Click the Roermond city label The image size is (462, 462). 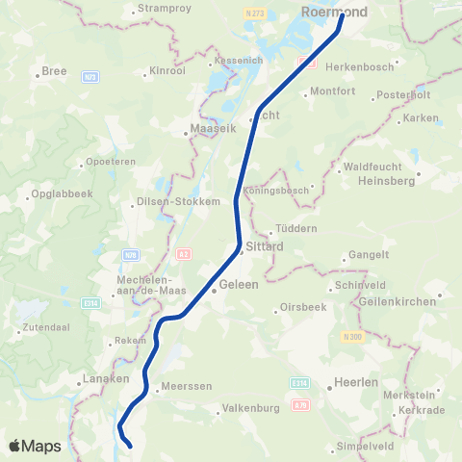coord(335,12)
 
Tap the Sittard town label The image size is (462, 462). coord(265,246)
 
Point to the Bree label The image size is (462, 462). coord(53,72)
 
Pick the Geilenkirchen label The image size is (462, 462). coord(394,300)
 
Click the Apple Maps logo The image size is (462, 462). coord(34,446)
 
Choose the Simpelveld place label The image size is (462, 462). coord(363,447)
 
